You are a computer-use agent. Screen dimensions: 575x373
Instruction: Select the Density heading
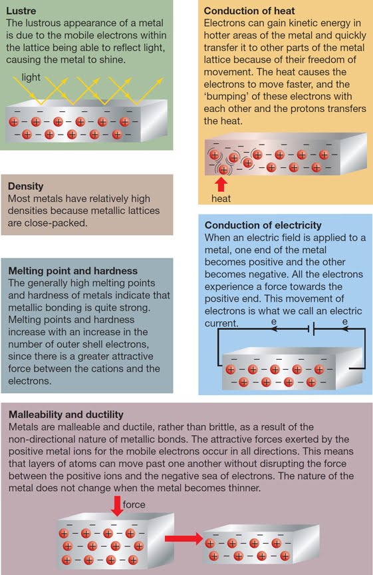point(25,187)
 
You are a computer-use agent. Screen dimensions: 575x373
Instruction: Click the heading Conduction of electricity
point(263,225)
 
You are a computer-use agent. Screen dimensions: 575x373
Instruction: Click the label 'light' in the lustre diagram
point(31,77)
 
